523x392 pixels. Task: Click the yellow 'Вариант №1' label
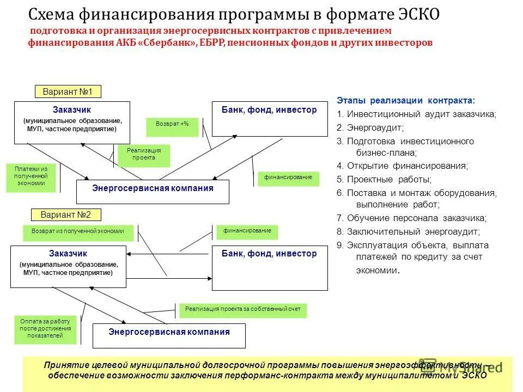point(68,91)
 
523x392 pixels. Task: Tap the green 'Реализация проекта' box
point(144,155)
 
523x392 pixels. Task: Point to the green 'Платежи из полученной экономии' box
point(31,177)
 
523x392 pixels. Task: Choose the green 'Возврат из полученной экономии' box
point(78,232)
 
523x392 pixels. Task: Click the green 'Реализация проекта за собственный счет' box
point(243,310)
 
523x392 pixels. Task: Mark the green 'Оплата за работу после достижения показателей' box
point(45,329)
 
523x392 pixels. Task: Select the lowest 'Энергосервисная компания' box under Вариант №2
point(169,334)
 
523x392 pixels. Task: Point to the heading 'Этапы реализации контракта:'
point(405,101)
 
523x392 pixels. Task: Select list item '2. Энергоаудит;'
point(370,127)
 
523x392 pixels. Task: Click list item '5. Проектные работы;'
point(384,179)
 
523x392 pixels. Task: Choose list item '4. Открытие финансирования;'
point(402,166)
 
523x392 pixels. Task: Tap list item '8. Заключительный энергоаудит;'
point(408,231)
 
